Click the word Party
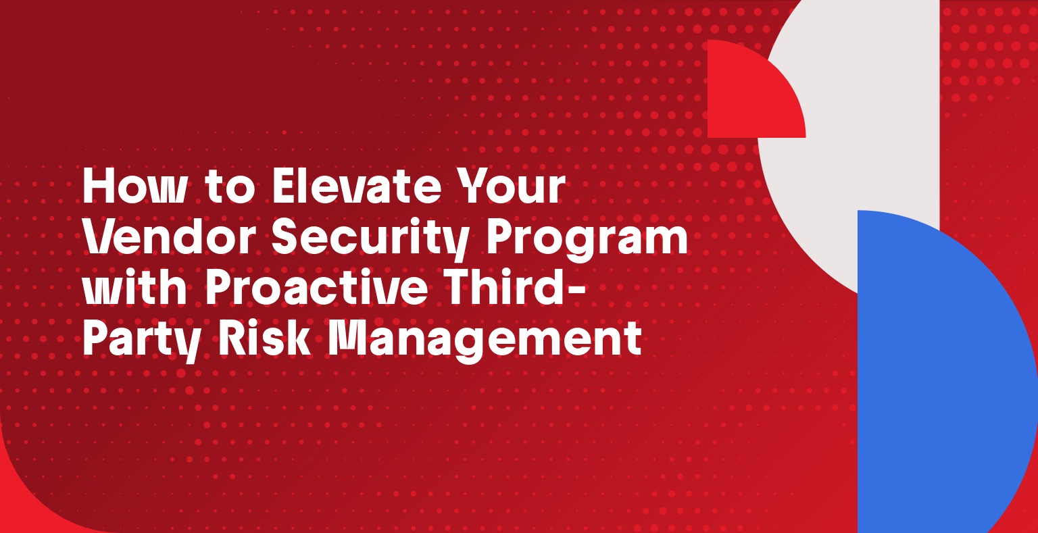coord(141,340)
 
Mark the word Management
coord(484,340)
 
